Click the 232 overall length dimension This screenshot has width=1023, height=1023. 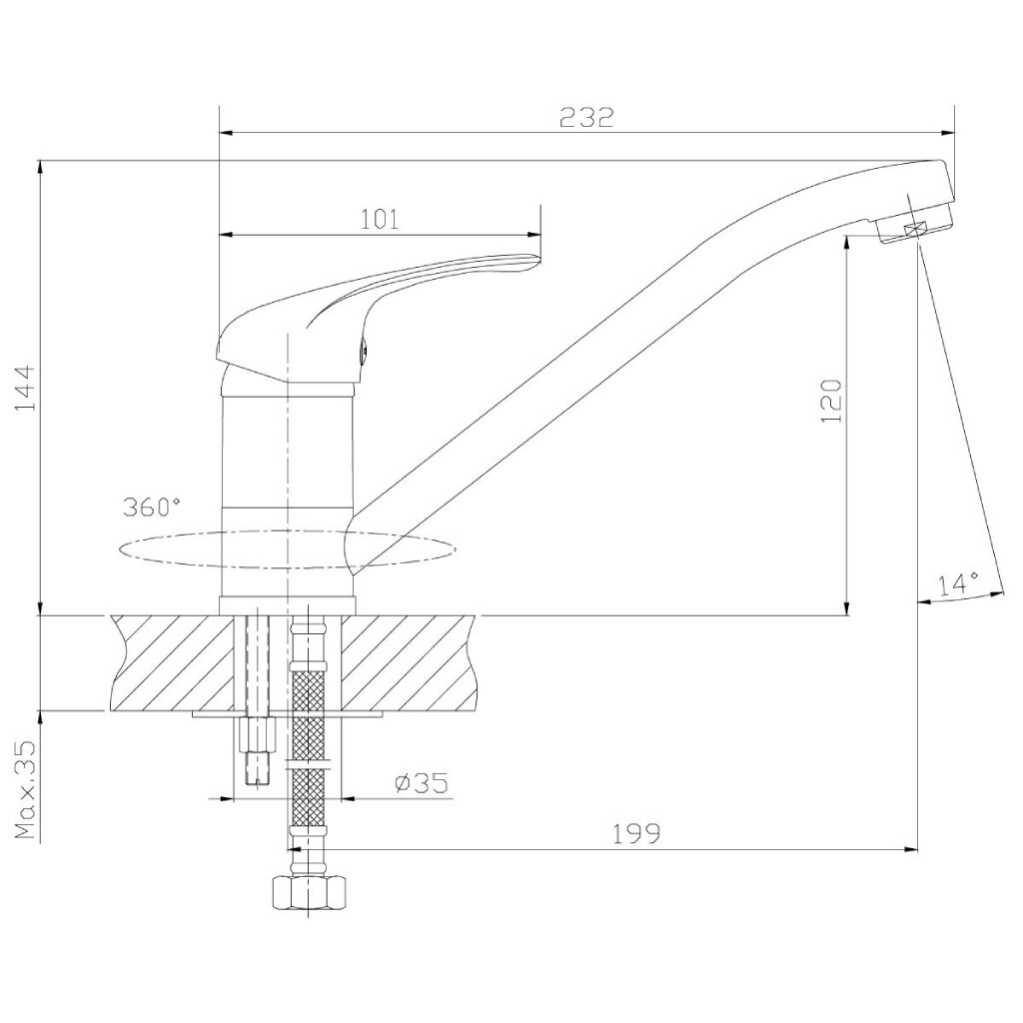[x=586, y=118]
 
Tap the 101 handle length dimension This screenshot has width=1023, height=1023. [x=380, y=219]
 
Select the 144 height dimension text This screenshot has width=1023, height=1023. [x=24, y=389]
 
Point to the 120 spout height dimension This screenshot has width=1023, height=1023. [x=832, y=400]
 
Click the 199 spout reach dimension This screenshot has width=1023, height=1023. [x=636, y=833]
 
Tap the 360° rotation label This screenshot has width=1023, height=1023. [x=152, y=507]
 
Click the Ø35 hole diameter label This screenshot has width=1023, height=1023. [x=423, y=782]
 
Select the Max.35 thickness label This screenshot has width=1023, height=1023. [x=25, y=790]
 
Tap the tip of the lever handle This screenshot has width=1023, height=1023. [x=538, y=259]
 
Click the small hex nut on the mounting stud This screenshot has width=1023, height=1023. [x=259, y=734]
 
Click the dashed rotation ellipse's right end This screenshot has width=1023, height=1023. [x=456, y=546]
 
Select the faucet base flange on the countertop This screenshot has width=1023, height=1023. [x=288, y=605]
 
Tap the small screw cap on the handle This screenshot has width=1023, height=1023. [x=364, y=350]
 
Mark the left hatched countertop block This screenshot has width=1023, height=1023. [x=172, y=663]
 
